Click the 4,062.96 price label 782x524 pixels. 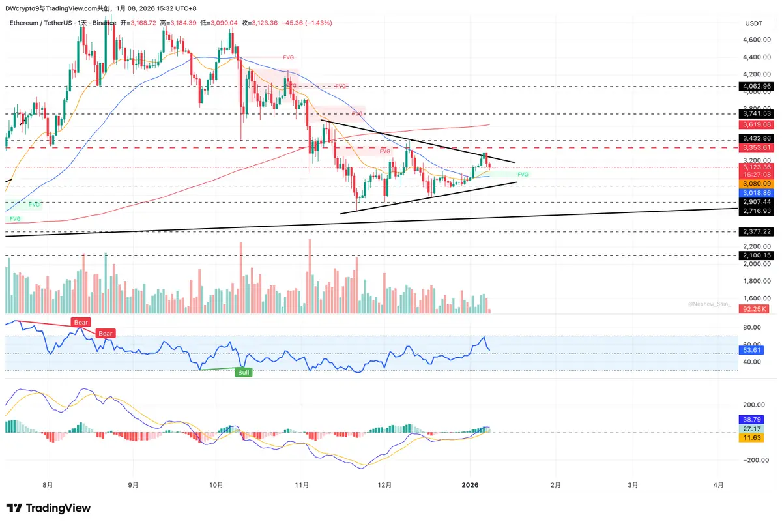(x=757, y=86)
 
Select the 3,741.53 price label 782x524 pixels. (x=757, y=113)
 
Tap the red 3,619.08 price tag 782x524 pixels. (x=757, y=124)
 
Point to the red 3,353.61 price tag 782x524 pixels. (x=757, y=148)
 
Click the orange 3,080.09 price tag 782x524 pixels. (x=757, y=184)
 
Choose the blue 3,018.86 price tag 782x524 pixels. (x=757, y=194)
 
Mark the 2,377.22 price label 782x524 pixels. (x=757, y=231)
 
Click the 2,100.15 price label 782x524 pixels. (x=757, y=255)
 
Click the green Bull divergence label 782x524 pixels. (x=244, y=372)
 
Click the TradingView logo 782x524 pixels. (x=49, y=508)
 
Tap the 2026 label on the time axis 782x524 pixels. (x=470, y=485)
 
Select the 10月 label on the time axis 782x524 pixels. (x=217, y=485)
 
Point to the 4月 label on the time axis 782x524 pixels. (x=717, y=485)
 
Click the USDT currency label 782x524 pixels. (x=753, y=23)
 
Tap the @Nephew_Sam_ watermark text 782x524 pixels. (x=710, y=304)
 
